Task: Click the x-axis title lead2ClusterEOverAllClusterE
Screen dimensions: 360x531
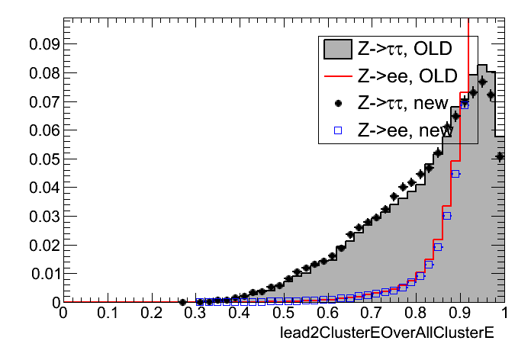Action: point(388,333)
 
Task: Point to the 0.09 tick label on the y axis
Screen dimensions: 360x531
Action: point(44,44)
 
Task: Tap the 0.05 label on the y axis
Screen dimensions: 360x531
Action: point(44,159)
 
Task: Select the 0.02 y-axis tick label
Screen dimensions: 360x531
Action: point(44,245)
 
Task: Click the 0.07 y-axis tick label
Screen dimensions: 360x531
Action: point(44,101)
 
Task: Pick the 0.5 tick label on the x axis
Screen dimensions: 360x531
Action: point(284,313)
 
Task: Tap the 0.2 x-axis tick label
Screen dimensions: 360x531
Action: point(151,313)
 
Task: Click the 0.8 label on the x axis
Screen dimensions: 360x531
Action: point(417,313)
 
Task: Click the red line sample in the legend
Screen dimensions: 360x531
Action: point(337,76)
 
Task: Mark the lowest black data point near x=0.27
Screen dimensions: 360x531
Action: point(182,302)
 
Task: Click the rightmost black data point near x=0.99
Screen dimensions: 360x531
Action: point(500,156)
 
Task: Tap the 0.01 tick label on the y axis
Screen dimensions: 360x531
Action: point(44,273)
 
